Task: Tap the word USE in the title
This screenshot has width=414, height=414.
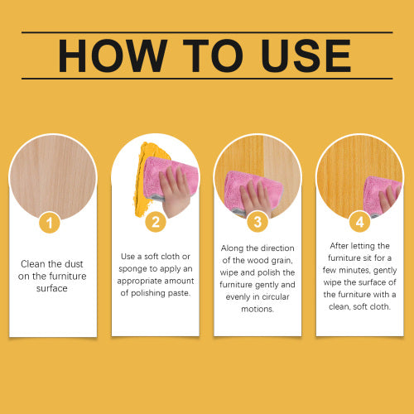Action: [x=306, y=55]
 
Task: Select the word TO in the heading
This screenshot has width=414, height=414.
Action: [x=213, y=55]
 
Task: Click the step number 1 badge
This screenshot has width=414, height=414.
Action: [x=50, y=223]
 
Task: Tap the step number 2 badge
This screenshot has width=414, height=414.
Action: [x=156, y=222]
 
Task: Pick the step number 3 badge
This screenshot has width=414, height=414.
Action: [x=258, y=222]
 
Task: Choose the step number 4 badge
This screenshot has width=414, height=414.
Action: [x=359, y=222]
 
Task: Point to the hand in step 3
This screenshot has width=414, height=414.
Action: [x=255, y=197]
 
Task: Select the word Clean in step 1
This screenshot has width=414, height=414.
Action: [x=32, y=264]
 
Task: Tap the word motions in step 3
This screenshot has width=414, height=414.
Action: [x=258, y=309]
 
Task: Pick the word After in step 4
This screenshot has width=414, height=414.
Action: [x=339, y=246]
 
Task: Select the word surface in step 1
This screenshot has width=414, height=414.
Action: [x=52, y=288]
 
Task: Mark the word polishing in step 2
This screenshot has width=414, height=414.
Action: [x=147, y=293]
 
